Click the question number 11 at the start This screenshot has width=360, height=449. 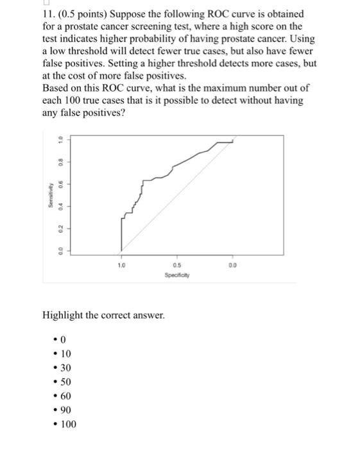[48, 13]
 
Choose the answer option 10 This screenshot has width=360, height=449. [65, 353]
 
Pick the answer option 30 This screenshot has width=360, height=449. [65, 368]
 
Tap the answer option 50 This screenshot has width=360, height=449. [65, 382]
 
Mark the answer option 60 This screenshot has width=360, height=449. [65, 396]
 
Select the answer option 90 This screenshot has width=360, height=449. [65, 410]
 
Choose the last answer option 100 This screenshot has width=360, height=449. [67, 424]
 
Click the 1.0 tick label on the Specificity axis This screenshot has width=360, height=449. [121, 264]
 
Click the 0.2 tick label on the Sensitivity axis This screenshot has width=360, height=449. [59, 228]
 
